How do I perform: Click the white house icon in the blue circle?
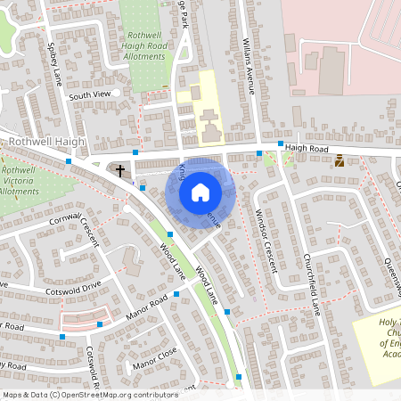tap(200, 192)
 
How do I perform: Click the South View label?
tap(89, 94)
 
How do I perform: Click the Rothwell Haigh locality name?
tap(46, 142)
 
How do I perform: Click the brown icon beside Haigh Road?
tap(339, 160)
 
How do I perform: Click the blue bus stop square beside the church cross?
tap(135, 153)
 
